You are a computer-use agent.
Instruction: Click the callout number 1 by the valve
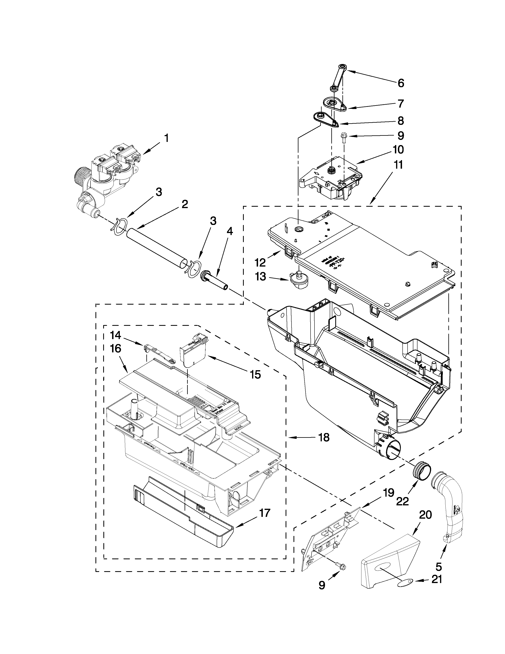[166, 138]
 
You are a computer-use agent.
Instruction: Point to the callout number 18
[324, 446]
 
